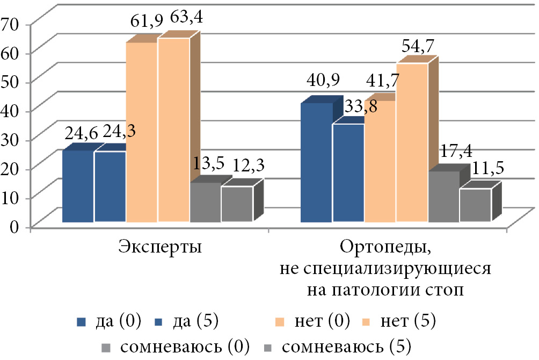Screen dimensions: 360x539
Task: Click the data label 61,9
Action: pyautogui.click(x=143, y=25)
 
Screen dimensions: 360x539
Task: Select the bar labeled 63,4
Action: pyautogui.click(x=173, y=129)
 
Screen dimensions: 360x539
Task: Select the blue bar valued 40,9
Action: pyautogui.click(x=316, y=162)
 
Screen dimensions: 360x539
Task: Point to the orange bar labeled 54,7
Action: pyautogui.click(x=412, y=142)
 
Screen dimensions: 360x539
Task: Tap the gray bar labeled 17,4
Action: pyautogui.click(x=443, y=196)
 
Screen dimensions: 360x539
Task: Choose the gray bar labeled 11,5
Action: pyautogui.click(x=475, y=205)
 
